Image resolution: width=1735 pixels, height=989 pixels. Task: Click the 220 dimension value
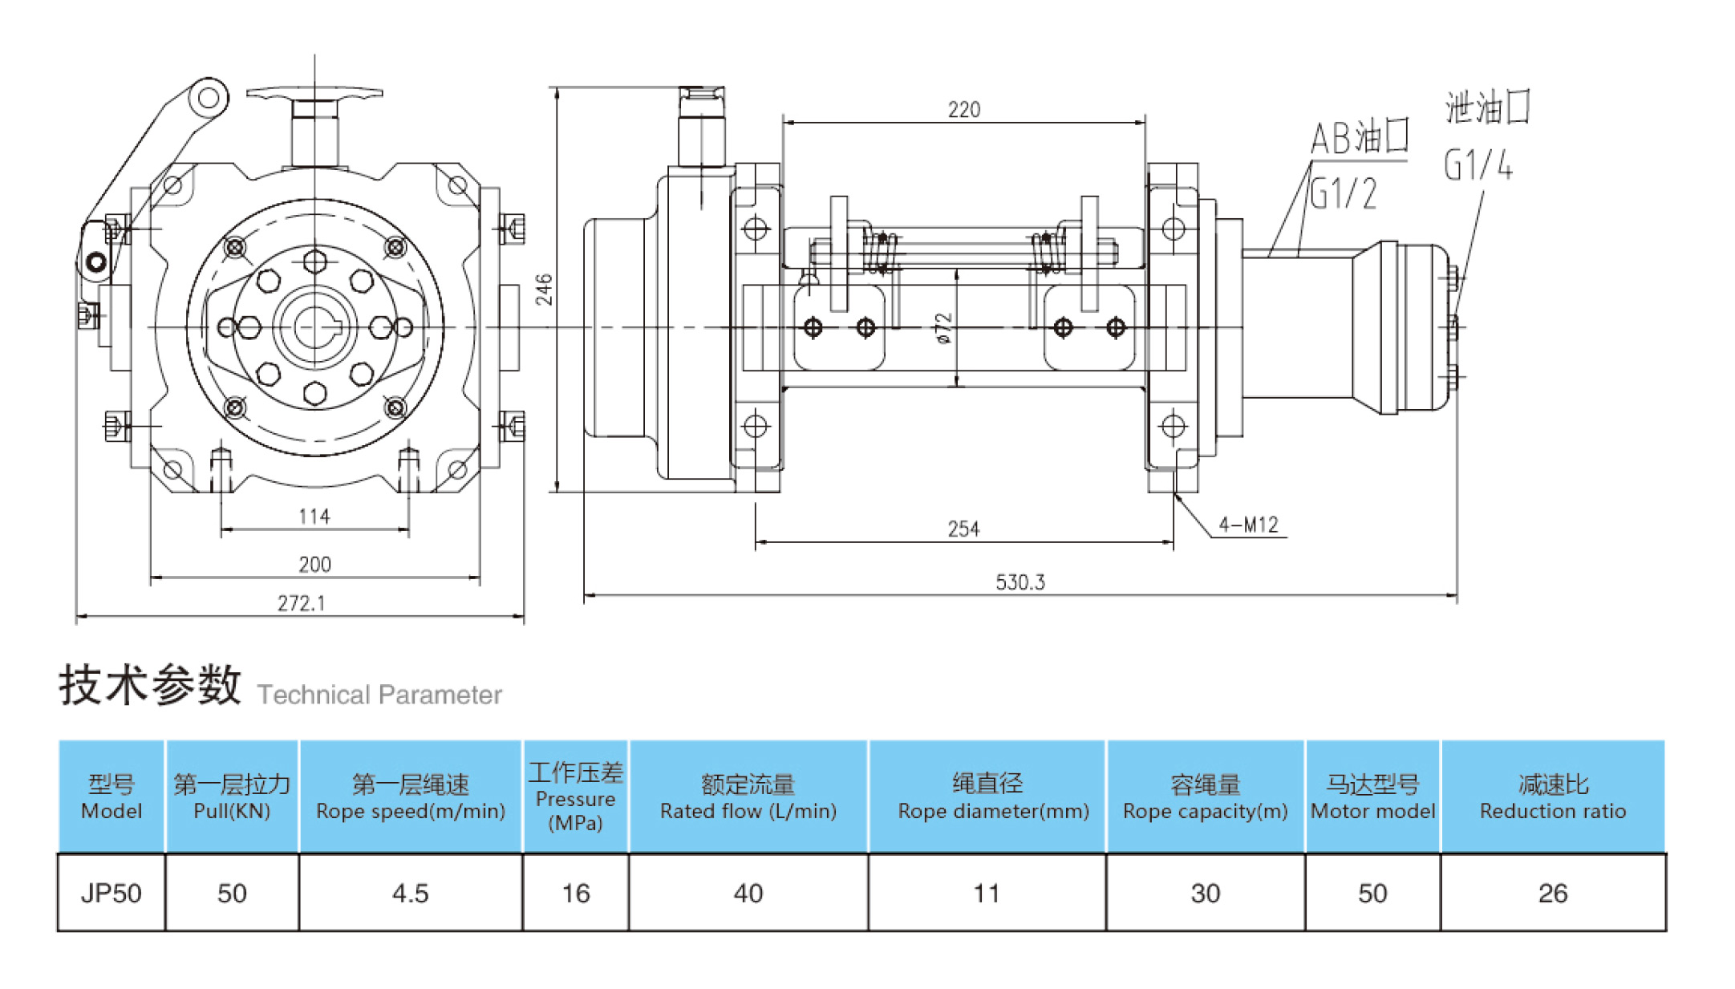coord(963,110)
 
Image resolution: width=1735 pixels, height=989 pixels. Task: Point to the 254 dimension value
coord(963,529)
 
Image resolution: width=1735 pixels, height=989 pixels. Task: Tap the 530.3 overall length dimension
coord(1020,582)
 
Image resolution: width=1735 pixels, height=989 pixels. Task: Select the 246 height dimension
coord(545,290)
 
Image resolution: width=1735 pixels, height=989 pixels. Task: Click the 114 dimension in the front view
coord(314,516)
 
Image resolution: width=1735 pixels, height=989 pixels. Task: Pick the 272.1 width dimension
coord(302,602)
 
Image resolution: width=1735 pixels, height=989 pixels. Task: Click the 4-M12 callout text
coord(1248,525)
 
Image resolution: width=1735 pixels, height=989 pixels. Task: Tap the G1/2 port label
coord(1344,193)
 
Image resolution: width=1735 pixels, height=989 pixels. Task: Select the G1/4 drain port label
coord(1478,164)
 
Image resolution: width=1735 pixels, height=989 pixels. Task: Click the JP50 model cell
coord(111,893)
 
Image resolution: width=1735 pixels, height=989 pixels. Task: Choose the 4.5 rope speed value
coord(410,893)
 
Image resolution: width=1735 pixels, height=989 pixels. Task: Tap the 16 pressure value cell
coord(575,893)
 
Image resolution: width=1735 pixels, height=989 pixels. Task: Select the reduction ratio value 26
coord(1552,893)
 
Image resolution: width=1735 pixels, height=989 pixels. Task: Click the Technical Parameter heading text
coord(379,695)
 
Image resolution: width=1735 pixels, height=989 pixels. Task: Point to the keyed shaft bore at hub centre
coord(315,327)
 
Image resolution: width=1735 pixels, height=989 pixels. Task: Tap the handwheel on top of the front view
coord(314,95)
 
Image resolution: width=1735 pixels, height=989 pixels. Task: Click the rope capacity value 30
coord(1205,893)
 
